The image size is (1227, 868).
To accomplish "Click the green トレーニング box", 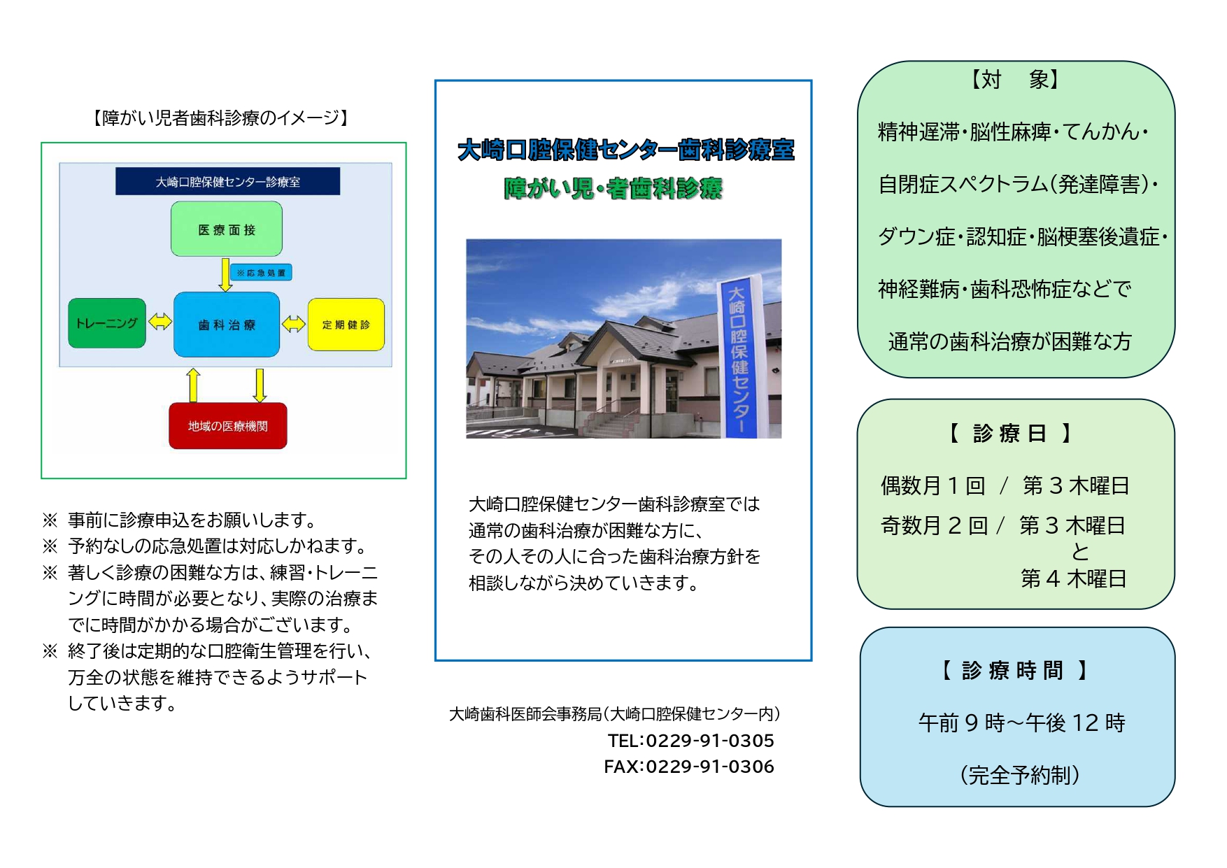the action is click(x=107, y=323).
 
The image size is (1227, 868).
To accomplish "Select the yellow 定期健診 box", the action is click(x=346, y=325).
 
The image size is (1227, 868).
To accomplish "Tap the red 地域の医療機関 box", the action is click(x=228, y=426).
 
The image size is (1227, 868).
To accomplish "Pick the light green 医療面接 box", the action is click(x=227, y=229).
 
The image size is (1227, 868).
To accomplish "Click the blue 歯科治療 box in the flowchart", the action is click(x=227, y=325).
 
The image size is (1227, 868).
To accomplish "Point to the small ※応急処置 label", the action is click(x=261, y=273).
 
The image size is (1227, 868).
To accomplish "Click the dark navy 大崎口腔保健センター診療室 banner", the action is click(x=228, y=182).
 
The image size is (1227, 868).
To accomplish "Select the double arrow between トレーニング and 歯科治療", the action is click(x=160, y=322).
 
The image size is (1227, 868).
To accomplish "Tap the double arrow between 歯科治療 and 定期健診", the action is click(x=294, y=324).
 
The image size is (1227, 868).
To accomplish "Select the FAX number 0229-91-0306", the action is click(x=709, y=767).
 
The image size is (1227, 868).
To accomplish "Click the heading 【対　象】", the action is click(x=1014, y=80).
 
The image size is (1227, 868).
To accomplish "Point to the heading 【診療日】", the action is click(x=1010, y=434).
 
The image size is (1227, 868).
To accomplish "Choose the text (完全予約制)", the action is click(x=1019, y=775).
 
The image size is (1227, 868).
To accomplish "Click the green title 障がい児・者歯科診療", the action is click(x=613, y=188).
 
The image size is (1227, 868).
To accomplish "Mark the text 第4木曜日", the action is click(x=1073, y=578).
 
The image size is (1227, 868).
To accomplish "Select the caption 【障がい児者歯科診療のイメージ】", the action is click(x=221, y=118).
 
